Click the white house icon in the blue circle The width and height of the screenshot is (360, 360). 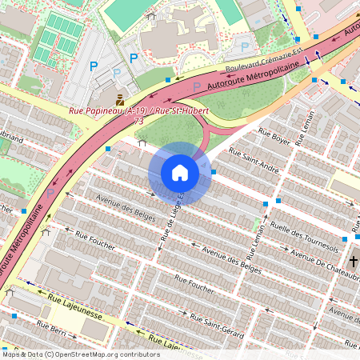tap(179, 172)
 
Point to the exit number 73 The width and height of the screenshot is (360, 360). tap(139, 122)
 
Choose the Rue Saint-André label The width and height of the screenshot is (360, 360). tap(254, 159)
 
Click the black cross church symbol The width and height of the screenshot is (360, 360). tap(352, 262)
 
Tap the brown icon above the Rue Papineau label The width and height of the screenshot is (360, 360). tap(119, 99)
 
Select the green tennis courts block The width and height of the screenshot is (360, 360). tap(55, 38)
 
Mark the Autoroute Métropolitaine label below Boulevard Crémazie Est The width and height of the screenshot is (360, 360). tap(239, 78)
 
